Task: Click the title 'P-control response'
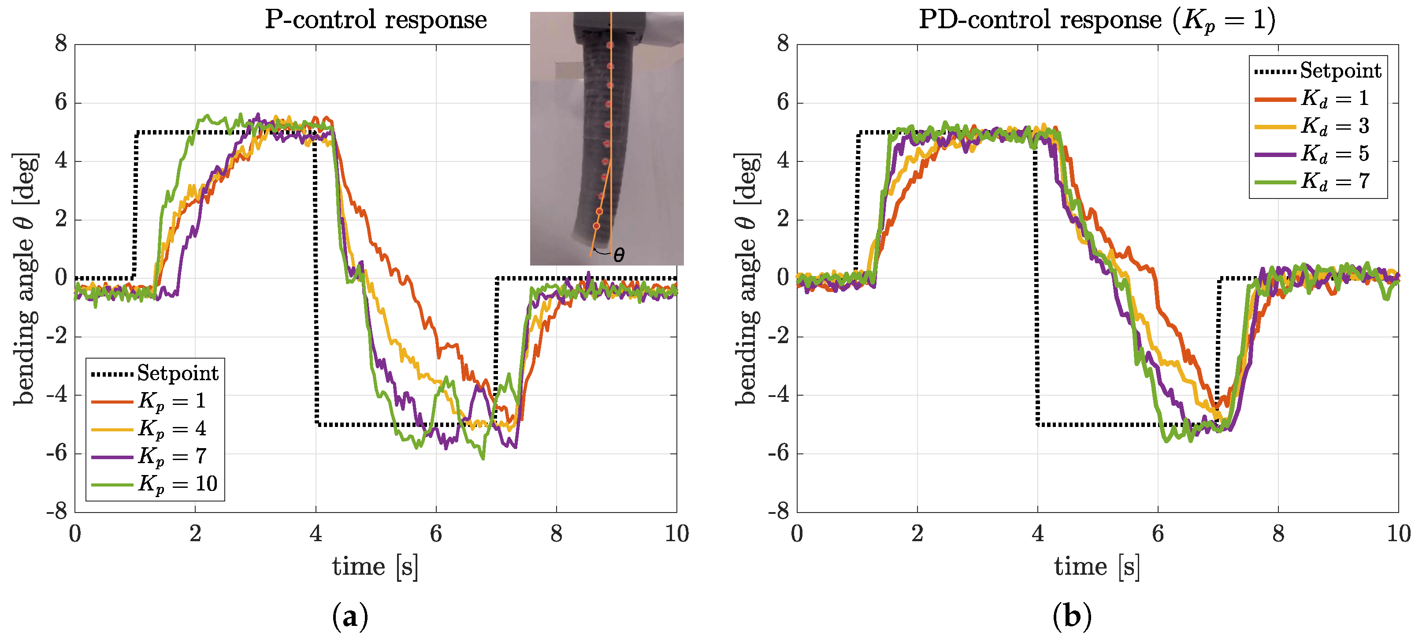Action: (x=376, y=20)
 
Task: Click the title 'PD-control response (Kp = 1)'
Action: (x=1096, y=20)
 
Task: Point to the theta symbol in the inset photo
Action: (x=619, y=255)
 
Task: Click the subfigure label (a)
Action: (x=350, y=616)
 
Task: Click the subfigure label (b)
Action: (x=1072, y=616)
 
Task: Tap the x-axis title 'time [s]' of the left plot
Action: (x=375, y=566)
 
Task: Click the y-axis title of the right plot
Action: (x=747, y=278)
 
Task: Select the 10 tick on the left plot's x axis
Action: (x=676, y=533)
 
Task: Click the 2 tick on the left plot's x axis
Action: (x=195, y=533)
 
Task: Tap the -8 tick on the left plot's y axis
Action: (x=57, y=512)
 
